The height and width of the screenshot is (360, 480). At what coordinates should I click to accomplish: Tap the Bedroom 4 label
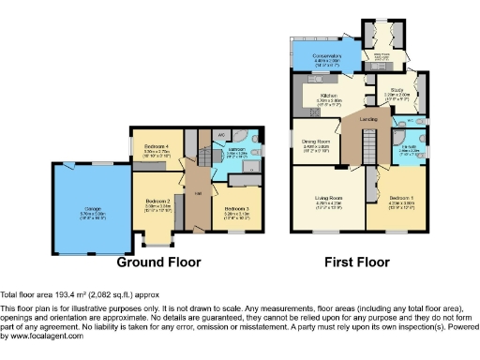(x=155, y=148)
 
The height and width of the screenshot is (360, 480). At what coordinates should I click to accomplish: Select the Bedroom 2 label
(x=157, y=201)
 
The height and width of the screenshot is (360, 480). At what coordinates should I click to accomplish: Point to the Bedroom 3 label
(x=234, y=208)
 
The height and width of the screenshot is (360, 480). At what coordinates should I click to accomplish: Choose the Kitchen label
(x=327, y=96)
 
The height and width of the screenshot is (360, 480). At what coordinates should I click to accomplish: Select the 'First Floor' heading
(x=360, y=262)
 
